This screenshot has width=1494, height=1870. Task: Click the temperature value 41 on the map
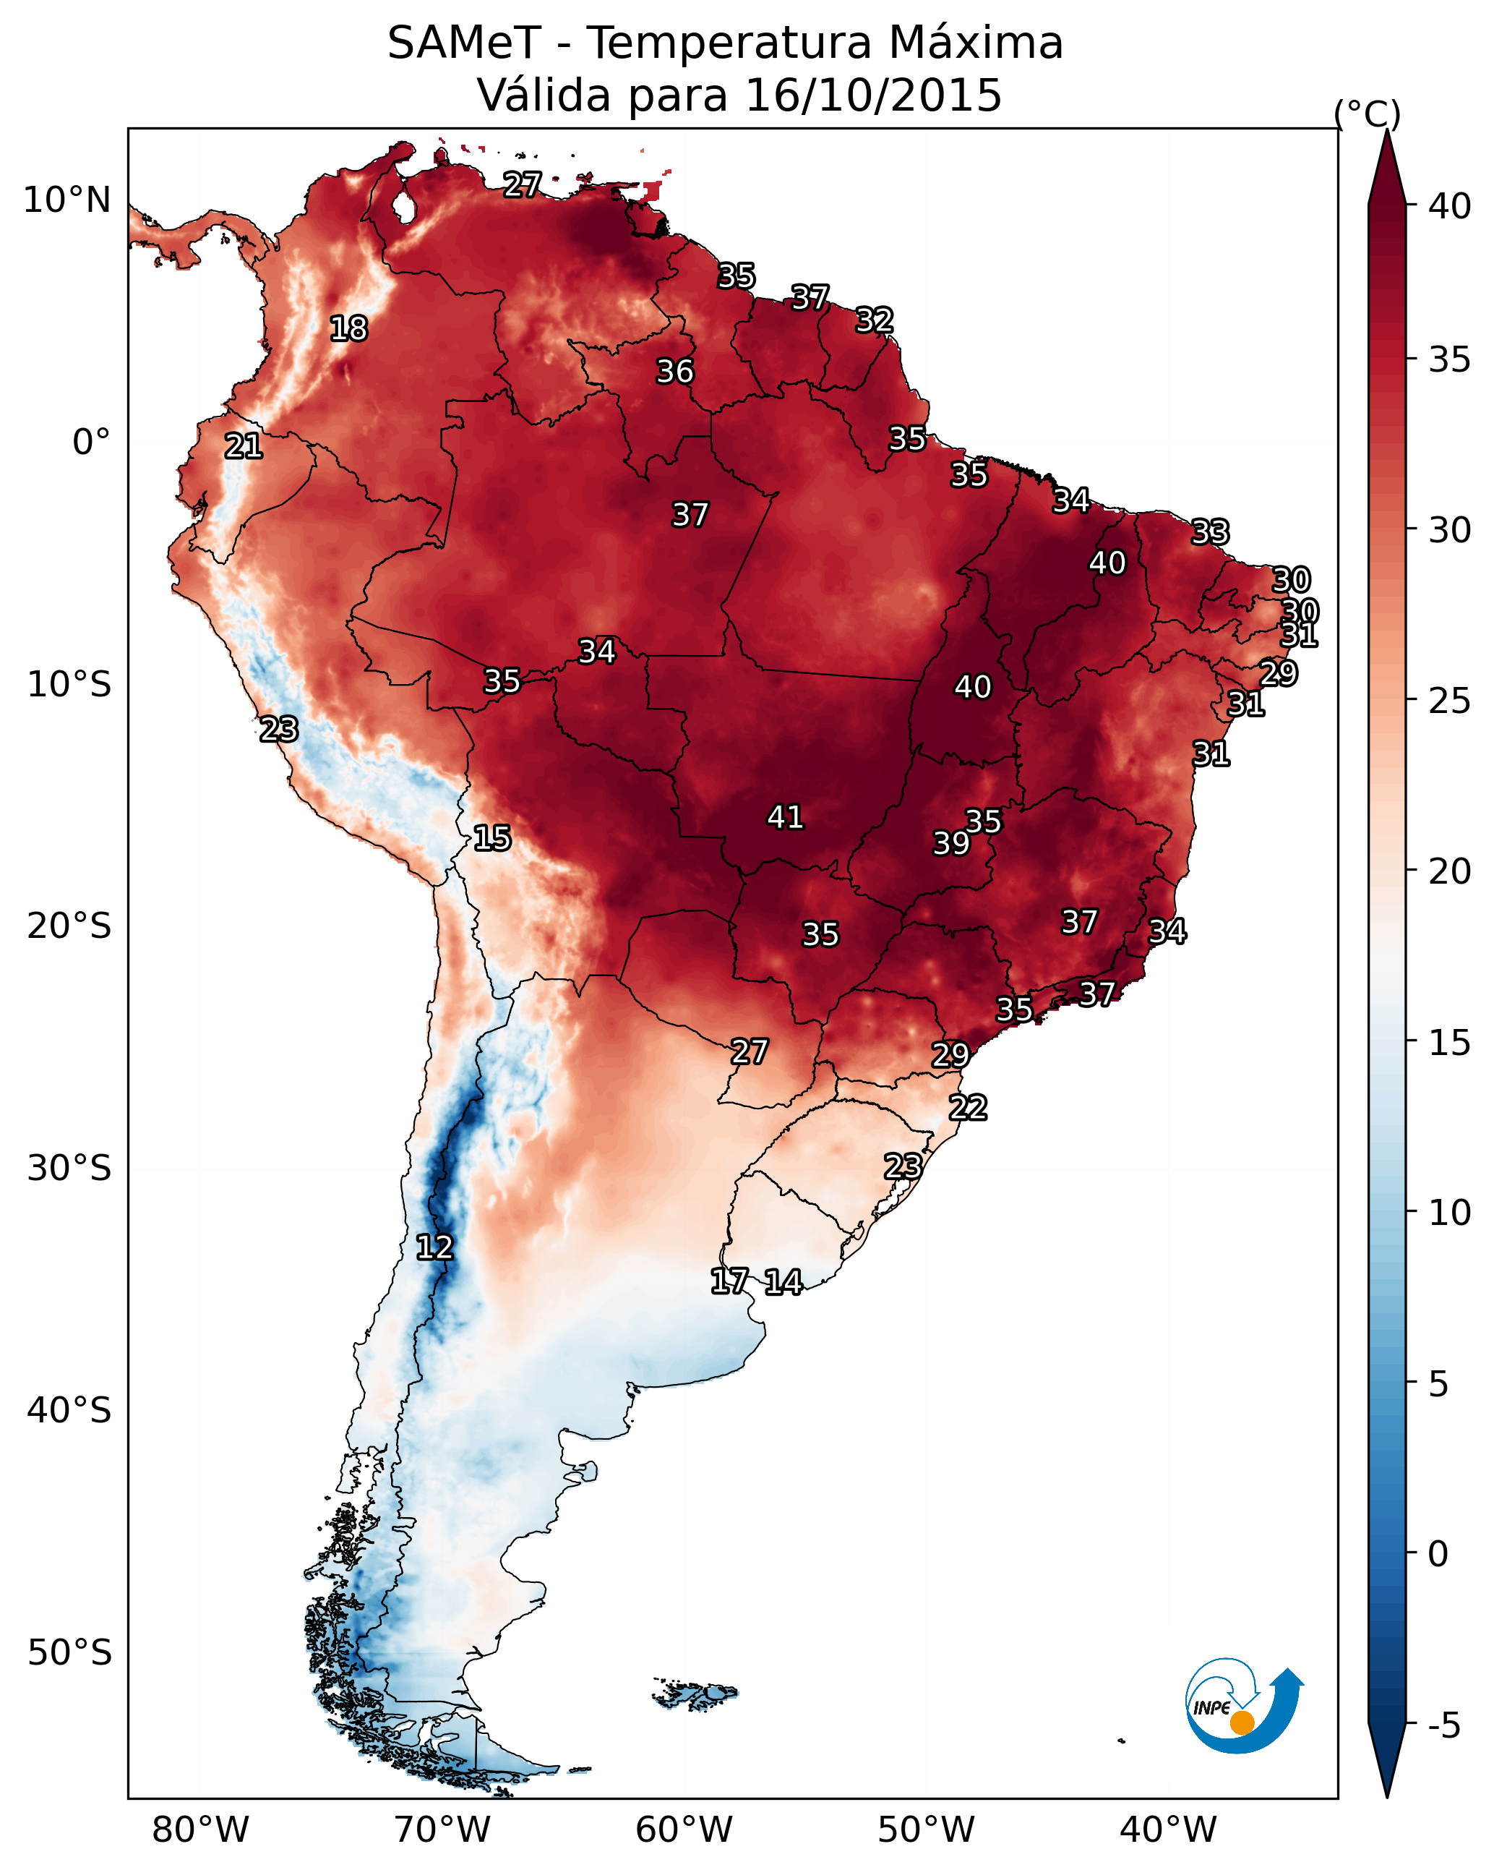(785, 817)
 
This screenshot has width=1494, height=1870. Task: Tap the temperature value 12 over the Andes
(434, 1247)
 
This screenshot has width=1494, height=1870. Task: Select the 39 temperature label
(951, 843)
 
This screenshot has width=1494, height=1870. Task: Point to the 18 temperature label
(348, 329)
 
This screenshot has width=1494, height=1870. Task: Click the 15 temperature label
(491, 838)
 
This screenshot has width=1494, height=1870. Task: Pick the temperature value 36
(674, 371)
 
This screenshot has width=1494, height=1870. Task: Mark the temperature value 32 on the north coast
(874, 320)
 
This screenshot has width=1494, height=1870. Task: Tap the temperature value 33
(1210, 531)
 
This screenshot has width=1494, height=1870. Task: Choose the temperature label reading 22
(968, 1108)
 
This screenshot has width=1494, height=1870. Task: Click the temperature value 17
(729, 1281)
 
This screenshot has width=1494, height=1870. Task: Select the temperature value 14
(783, 1282)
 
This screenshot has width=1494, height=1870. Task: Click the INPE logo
(1243, 1707)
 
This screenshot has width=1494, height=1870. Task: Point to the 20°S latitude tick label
(69, 926)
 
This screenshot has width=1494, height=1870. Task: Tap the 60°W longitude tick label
(684, 1830)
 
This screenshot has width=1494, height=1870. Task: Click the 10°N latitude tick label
(66, 200)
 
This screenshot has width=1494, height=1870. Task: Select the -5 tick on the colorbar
(1443, 1725)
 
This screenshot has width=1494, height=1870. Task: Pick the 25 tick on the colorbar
(1450, 700)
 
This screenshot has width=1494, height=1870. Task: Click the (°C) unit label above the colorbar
(1367, 114)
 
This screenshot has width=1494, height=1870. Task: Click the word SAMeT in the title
(464, 43)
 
